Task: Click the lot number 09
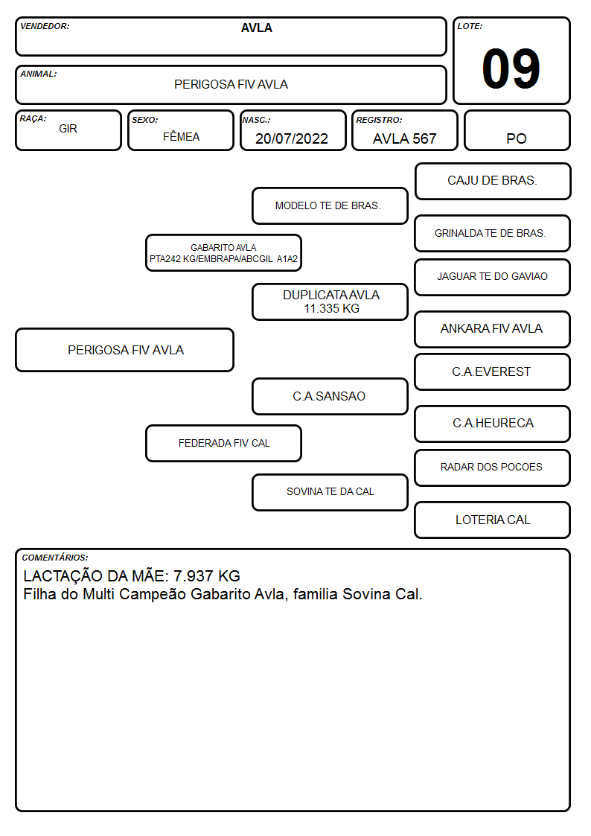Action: pyautogui.click(x=511, y=68)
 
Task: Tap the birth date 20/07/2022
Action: pyautogui.click(x=292, y=138)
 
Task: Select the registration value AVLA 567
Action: pyautogui.click(x=404, y=138)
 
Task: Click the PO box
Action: pyautogui.click(x=517, y=130)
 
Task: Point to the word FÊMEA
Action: pyautogui.click(x=181, y=136)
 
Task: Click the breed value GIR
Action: pyautogui.click(x=68, y=129)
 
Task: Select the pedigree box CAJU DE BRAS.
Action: pyautogui.click(x=493, y=182)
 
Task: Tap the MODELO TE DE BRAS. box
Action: pyautogui.click(x=330, y=205)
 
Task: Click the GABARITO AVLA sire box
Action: pyautogui.click(x=223, y=252)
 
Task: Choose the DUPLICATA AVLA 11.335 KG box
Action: pyautogui.click(x=330, y=301)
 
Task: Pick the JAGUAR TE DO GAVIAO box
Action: pyautogui.click(x=493, y=277)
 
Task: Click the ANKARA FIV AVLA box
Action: pyautogui.click(x=493, y=330)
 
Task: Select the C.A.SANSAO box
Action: pyautogui.click(x=330, y=397)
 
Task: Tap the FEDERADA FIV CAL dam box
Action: pyautogui.click(x=223, y=444)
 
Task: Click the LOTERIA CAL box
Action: pyautogui.click(x=493, y=520)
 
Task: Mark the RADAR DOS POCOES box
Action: pyautogui.click(x=493, y=468)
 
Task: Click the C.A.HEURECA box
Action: pyautogui.click(x=493, y=424)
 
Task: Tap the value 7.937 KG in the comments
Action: pyautogui.click(x=207, y=576)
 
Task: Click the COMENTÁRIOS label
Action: pyautogui.click(x=55, y=558)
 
